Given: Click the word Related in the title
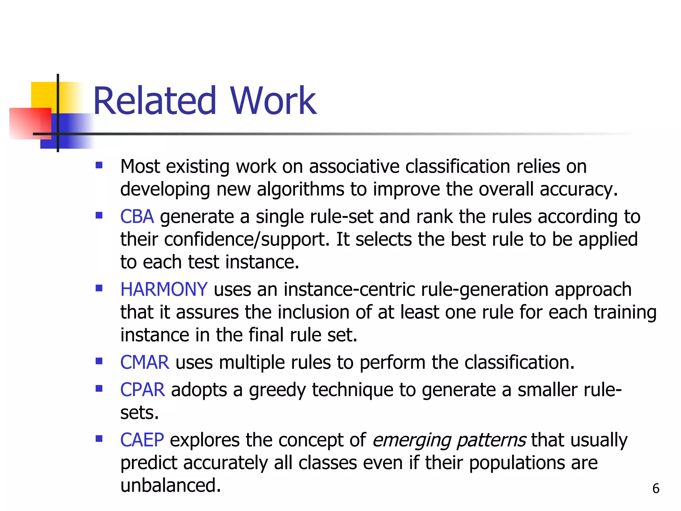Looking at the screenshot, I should click(155, 101).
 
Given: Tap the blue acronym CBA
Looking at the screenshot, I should click(137, 217).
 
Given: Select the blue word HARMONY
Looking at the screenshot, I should click(164, 289).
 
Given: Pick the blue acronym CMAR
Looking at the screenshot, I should click(144, 362).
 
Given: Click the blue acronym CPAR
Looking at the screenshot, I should click(142, 390).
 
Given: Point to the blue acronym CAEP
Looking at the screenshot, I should click(142, 440).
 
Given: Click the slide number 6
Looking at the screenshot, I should click(655, 488).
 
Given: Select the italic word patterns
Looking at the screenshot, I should click(491, 440).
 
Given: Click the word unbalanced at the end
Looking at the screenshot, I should click(170, 485).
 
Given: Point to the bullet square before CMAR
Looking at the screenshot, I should click(99, 361).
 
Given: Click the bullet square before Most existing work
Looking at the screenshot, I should click(99, 165).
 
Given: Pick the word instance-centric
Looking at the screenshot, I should click(349, 289).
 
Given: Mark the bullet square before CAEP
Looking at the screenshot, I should click(99, 438).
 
